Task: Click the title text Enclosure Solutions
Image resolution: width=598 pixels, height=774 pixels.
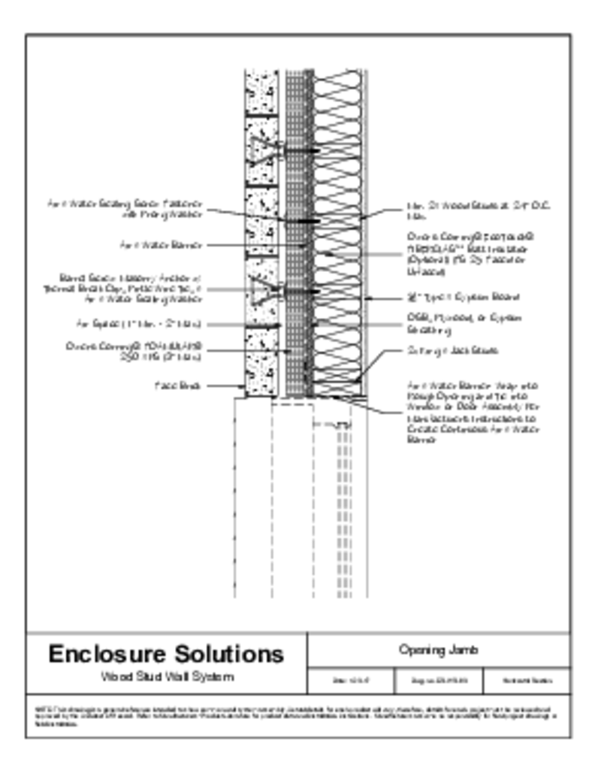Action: tap(166, 653)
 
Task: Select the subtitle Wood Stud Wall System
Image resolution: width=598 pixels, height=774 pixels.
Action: tap(166, 676)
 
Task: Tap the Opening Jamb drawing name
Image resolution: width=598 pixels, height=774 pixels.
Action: tap(438, 650)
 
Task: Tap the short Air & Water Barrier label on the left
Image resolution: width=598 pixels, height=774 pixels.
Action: tap(162, 244)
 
